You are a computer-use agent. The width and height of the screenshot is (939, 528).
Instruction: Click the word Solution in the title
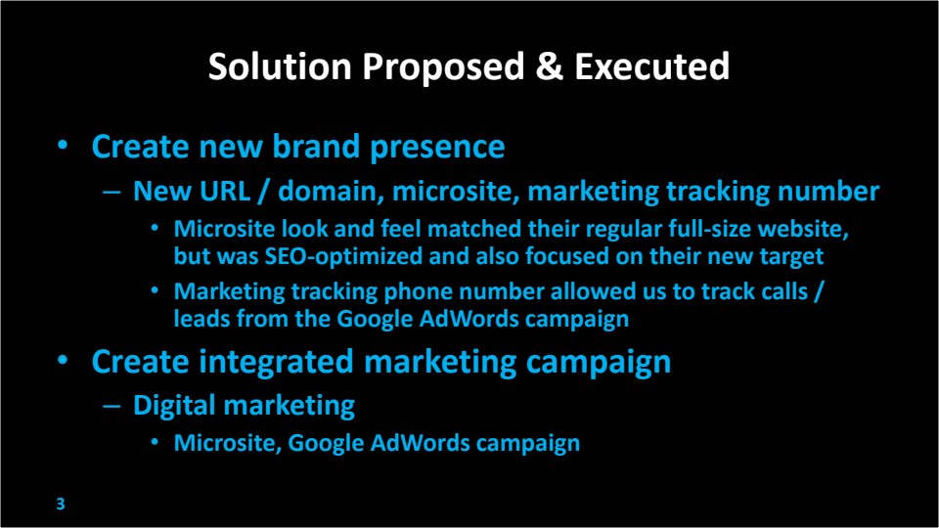tap(280, 66)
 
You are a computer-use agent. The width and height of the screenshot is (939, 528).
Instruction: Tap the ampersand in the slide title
tap(550, 66)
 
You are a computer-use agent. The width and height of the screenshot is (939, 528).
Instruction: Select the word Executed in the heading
tap(652, 66)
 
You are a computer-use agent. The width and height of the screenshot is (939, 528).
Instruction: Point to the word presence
tap(437, 148)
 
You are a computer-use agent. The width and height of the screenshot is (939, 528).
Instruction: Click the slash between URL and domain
tap(263, 192)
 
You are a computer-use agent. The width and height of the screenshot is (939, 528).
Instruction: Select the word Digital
tap(174, 406)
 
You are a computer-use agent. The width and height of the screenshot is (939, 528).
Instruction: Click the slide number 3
tap(61, 505)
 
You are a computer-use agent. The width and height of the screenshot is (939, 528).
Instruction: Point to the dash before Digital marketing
tap(112, 406)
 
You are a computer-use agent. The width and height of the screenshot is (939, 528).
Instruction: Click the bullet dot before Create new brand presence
tap(63, 146)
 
